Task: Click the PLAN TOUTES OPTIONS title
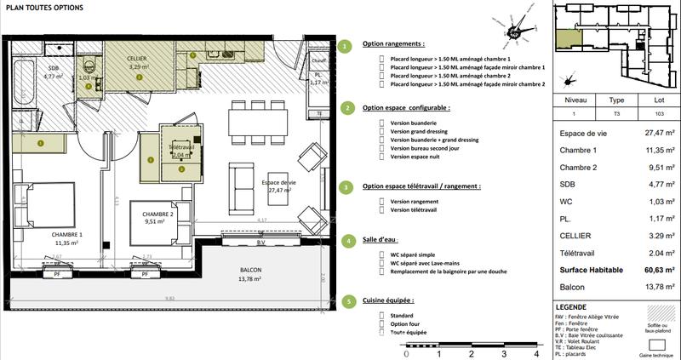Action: (x=44, y=9)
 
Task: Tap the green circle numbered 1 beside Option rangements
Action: (x=344, y=46)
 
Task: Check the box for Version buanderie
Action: (x=381, y=122)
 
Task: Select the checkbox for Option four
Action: (x=381, y=323)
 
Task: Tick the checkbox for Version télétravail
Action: (x=381, y=209)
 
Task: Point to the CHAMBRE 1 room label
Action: (x=66, y=234)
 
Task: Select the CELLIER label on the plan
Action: (x=137, y=58)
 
